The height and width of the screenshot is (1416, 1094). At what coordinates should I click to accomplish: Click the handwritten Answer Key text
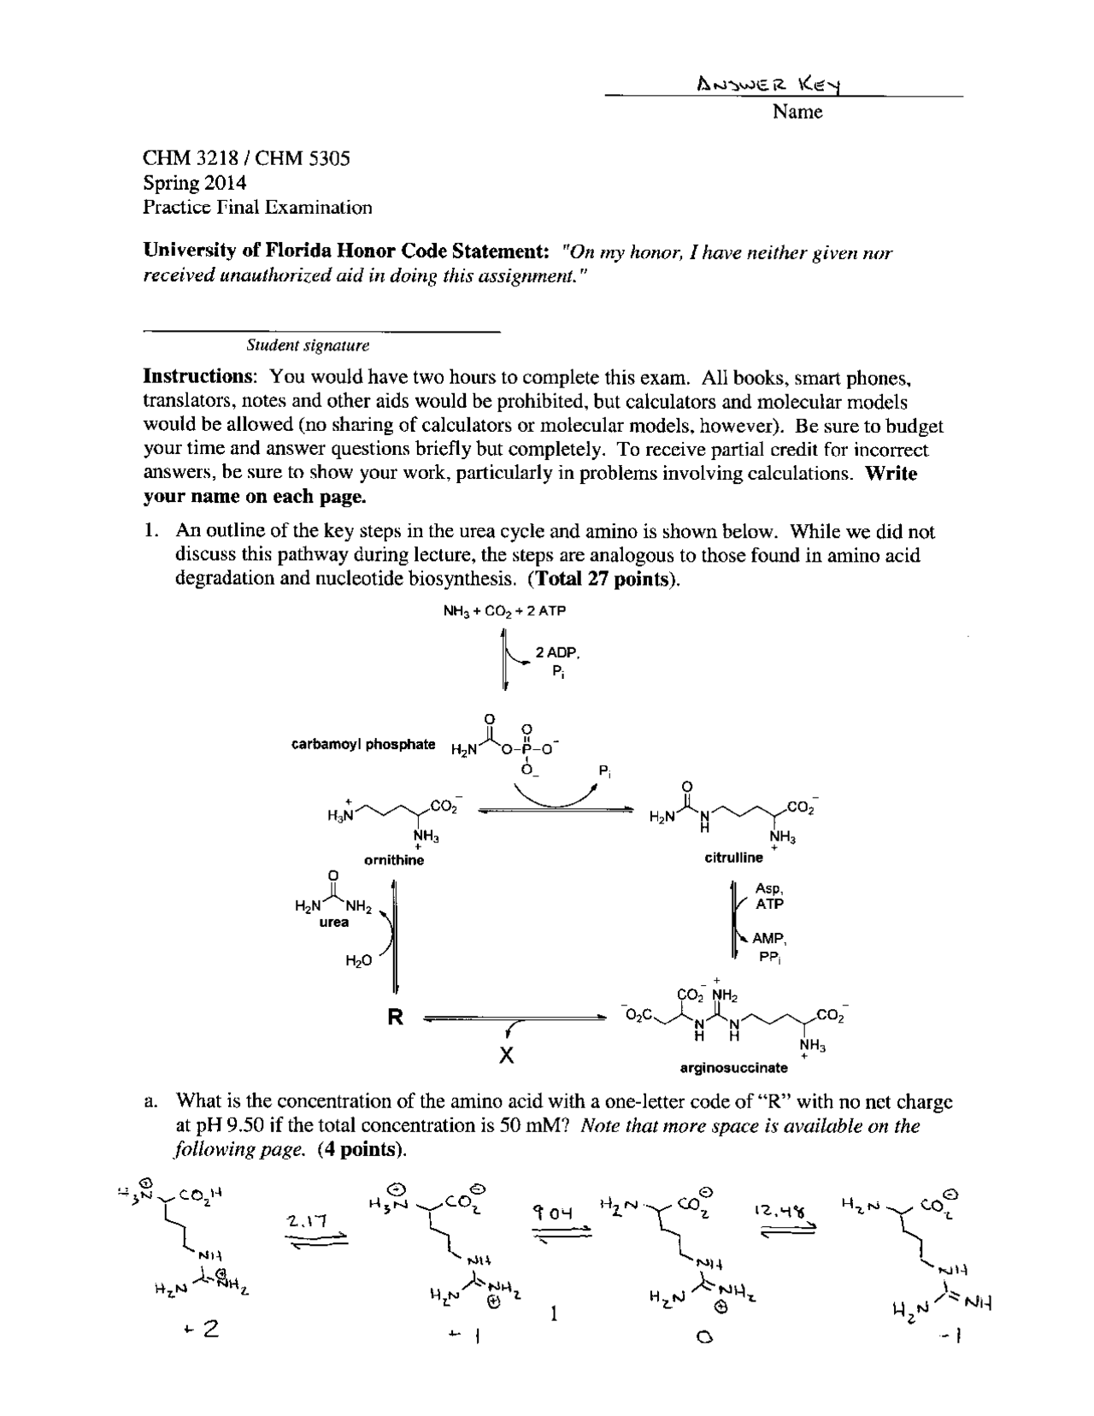(770, 84)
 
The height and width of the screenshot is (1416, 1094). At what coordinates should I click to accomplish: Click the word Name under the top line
(797, 112)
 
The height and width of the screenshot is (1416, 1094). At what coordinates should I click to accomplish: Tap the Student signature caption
(308, 345)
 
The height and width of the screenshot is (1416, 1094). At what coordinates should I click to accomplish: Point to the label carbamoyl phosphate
(363, 744)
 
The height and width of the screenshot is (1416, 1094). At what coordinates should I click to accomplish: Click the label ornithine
(393, 860)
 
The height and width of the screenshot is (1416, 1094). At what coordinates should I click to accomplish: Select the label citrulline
(733, 858)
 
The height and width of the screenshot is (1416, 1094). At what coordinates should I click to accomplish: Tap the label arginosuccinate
(733, 1068)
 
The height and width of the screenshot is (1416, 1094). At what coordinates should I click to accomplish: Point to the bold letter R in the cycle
(395, 1018)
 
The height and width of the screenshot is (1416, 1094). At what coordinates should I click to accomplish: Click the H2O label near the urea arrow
(358, 961)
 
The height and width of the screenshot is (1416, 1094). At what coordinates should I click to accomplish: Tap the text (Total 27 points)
(604, 579)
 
